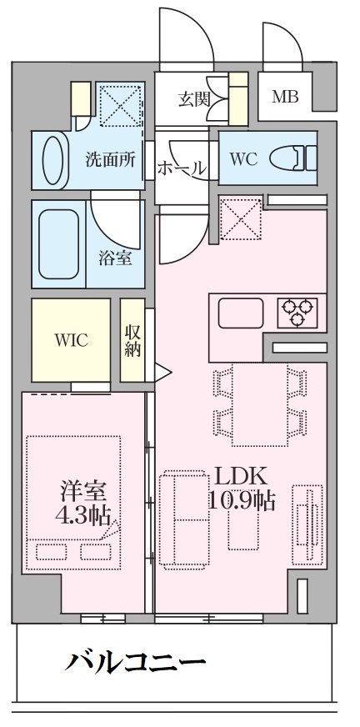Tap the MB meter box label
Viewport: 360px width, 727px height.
[x=285, y=97]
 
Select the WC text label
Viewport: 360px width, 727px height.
[x=243, y=159]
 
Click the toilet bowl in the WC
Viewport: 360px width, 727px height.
[x=292, y=158]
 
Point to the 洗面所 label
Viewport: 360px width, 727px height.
[x=111, y=159]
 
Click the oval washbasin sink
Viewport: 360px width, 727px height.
[x=52, y=159]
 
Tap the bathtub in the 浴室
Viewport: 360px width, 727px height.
[x=58, y=244]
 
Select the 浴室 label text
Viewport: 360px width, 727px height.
[x=115, y=258]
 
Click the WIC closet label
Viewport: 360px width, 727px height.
[x=72, y=341]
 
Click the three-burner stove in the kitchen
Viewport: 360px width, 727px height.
[x=297, y=312]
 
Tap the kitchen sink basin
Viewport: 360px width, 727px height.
[x=241, y=313]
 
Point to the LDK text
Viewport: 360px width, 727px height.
[x=242, y=476]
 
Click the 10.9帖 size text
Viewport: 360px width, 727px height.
[x=242, y=500]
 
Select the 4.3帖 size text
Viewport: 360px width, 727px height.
[x=82, y=514]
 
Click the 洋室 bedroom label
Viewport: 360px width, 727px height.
[x=83, y=492]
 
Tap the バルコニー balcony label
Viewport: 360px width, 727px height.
[x=135, y=661]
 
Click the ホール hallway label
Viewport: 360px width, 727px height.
[x=181, y=167]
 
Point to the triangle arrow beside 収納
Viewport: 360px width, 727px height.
[x=162, y=372]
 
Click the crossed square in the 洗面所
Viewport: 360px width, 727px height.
[x=121, y=105]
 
